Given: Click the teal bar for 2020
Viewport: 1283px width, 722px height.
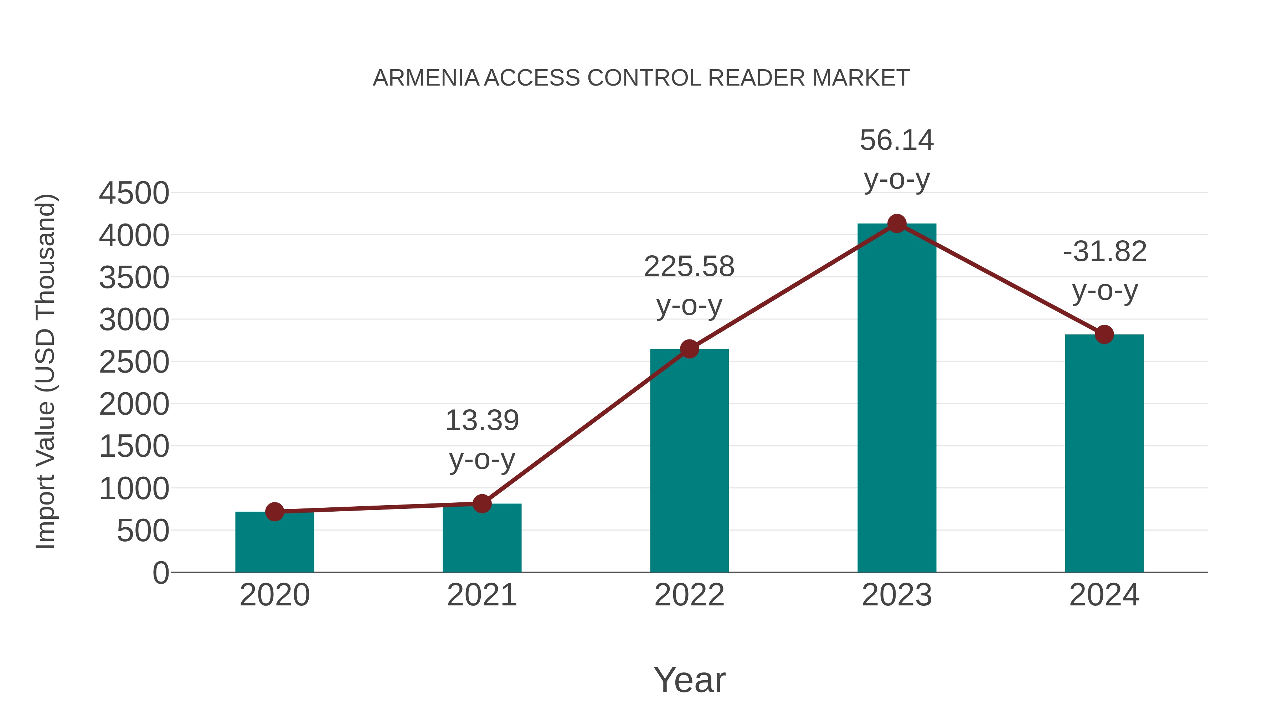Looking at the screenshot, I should point(274,543).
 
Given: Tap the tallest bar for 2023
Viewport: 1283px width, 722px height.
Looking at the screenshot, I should point(897,399).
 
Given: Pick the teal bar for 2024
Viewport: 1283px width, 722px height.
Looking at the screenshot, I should point(1104,454).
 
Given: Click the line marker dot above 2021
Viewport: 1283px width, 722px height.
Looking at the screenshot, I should point(481,504).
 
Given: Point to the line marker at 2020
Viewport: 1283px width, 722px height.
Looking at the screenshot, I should point(274,512).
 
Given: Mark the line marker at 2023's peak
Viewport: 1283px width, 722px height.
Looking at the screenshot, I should point(897,224).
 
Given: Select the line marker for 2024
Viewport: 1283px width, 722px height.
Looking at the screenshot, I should point(1104,334).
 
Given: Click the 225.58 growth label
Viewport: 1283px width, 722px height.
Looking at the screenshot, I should point(689,267).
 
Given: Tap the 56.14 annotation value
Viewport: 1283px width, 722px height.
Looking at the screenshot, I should point(897,140).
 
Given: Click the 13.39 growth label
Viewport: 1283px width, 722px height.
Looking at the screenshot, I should point(481,421).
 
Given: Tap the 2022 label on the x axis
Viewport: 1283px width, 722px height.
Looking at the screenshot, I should point(689,595).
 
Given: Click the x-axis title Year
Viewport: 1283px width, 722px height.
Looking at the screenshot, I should point(689,680).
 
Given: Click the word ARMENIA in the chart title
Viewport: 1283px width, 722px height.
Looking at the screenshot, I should point(426,78).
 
